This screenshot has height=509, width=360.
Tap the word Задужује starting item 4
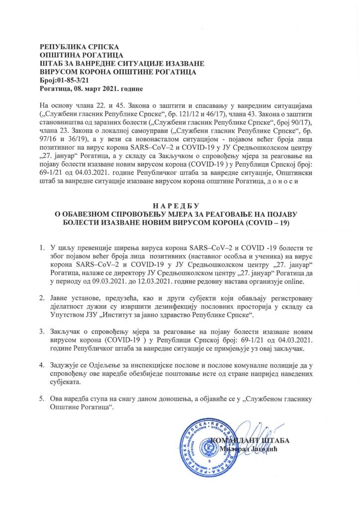point(67,365)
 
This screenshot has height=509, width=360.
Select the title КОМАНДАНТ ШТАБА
point(250,440)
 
